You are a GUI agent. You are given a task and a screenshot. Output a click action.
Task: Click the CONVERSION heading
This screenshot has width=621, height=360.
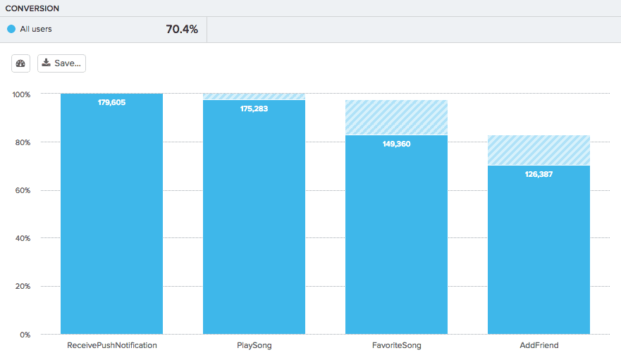[32, 8]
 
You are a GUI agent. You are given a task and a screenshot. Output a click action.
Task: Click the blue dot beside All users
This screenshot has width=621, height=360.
[11, 30]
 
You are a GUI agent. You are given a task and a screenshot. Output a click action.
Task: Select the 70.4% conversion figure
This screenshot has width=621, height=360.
[182, 30]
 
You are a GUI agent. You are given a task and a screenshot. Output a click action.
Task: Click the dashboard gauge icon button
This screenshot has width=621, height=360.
[20, 63]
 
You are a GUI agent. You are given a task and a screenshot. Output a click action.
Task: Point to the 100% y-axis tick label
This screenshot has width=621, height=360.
[21, 94]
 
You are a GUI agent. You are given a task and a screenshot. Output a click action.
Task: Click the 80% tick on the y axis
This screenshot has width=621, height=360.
[23, 142]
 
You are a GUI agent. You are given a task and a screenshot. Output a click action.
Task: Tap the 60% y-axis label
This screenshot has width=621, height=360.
[23, 190]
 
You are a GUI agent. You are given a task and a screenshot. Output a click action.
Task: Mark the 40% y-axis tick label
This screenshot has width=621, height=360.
[23, 238]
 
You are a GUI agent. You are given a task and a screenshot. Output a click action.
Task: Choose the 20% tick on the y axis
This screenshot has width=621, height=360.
[23, 286]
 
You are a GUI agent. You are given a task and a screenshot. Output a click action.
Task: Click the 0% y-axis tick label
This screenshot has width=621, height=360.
[25, 335]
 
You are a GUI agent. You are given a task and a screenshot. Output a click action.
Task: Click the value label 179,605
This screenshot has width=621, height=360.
[111, 103]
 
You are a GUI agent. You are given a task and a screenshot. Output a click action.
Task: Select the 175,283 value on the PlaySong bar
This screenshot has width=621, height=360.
[254, 109]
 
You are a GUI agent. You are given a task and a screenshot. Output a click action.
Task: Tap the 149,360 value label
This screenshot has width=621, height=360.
[396, 144]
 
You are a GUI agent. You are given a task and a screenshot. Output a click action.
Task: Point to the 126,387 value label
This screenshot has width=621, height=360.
[539, 174]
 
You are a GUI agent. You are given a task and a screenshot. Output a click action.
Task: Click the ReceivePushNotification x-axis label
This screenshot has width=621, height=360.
[111, 346]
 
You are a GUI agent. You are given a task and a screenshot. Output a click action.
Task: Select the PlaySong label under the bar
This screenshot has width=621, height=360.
[254, 346]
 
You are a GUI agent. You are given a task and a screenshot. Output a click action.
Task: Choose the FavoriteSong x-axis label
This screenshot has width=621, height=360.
[396, 346]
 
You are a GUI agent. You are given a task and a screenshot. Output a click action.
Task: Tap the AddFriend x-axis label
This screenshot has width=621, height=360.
[539, 346]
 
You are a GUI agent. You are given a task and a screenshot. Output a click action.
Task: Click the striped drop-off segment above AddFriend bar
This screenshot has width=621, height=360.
[539, 150]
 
